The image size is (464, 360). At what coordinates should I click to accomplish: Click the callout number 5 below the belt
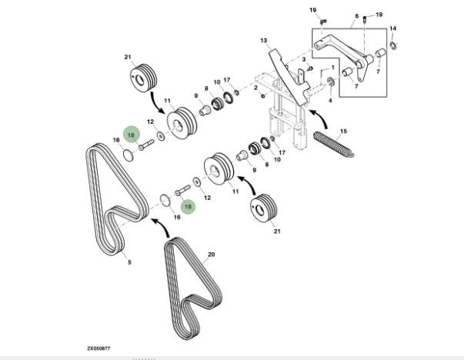click(129, 262)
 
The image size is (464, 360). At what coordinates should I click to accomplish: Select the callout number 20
click(210, 253)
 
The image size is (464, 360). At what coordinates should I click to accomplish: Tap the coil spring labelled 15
click(334, 144)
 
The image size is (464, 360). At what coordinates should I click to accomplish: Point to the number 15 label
click(343, 131)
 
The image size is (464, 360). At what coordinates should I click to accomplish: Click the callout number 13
click(263, 40)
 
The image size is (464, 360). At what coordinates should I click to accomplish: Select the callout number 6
click(356, 15)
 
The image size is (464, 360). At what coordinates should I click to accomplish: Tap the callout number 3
click(303, 58)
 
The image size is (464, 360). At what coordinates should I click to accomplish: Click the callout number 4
click(331, 99)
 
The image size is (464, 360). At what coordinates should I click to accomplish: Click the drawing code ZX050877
click(98, 348)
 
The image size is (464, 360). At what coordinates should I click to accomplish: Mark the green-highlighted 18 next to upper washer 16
click(132, 135)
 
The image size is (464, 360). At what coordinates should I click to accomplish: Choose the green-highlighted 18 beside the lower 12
click(185, 206)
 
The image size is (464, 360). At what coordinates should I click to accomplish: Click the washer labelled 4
click(331, 82)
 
